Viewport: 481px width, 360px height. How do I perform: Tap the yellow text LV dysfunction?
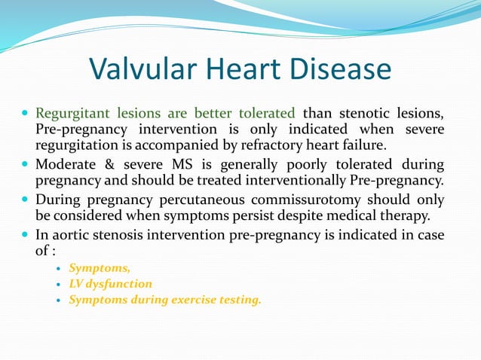point(110,284)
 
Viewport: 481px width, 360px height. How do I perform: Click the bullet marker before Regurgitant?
point(26,114)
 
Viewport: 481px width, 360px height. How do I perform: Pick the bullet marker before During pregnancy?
point(26,201)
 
